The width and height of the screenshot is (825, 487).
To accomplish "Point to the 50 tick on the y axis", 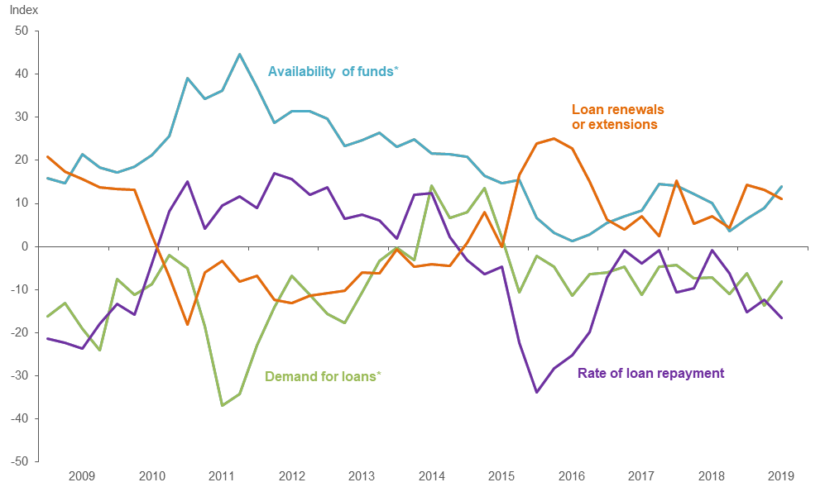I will [x=21, y=31].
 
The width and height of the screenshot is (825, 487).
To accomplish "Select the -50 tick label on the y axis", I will [x=19, y=461].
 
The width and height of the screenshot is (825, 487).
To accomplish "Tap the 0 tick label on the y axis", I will [x=25, y=246].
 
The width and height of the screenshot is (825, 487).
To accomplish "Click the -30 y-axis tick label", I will [x=19, y=375].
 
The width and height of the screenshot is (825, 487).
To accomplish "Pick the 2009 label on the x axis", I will [x=82, y=476].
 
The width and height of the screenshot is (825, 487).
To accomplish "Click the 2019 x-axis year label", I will [x=781, y=476].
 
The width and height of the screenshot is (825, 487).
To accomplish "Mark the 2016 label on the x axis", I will [x=572, y=476].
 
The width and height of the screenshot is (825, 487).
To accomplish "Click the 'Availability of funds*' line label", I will [x=333, y=71].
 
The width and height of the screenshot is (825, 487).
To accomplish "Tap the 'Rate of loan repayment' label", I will [x=650, y=373].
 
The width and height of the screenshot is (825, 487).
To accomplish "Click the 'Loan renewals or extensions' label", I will [x=617, y=117].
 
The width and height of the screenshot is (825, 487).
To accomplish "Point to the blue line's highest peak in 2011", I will [x=239, y=55].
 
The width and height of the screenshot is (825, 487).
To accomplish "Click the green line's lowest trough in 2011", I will [x=222, y=405].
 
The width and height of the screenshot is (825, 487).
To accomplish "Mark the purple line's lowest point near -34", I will [x=537, y=392].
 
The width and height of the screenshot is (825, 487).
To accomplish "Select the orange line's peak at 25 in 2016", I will [x=554, y=139].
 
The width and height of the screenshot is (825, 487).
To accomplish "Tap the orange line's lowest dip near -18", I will [x=187, y=324].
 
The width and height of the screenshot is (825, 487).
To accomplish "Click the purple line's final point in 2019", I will [x=781, y=318].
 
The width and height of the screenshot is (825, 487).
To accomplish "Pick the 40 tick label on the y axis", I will [x=21, y=74].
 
